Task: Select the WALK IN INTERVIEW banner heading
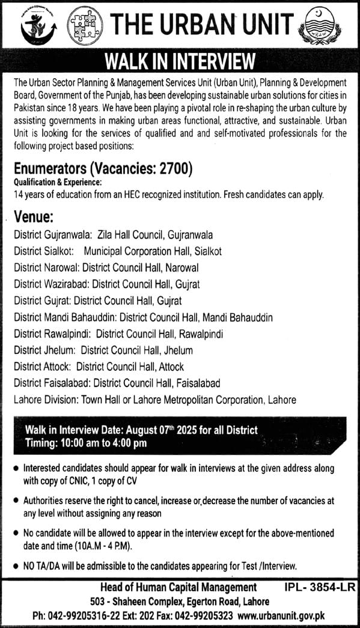coord(180,62)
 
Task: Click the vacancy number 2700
coord(174,170)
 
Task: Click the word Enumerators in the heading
coord(50,170)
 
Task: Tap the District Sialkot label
coord(43,252)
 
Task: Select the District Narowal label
coord(46,267)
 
